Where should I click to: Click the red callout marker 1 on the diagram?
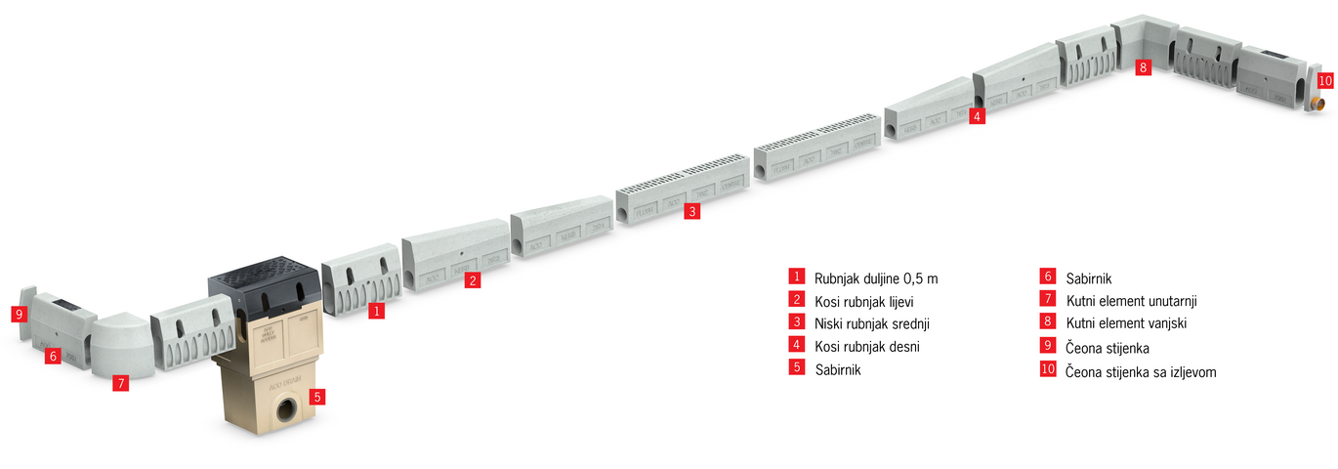click(x=376, y=311)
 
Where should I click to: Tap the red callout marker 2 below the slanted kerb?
click(x=473, y=280)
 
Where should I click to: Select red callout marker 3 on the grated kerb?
click(x=692, y=211)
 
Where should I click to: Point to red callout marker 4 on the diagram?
click(x=977, y=116)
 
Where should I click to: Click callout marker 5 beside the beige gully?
click(x=317, y=396)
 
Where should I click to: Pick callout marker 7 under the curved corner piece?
click(x=121, y=383)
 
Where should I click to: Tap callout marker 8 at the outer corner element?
click(x=1144, y=66)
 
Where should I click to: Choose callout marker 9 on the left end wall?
click(x=20, y=314)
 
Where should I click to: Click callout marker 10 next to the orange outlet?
click(x=1325, y=81)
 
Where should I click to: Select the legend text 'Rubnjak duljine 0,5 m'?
click(x=876, y=278)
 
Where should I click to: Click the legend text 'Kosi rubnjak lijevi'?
click(x=864, y=302)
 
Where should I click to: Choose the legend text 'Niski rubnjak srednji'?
click(x=872, y=323)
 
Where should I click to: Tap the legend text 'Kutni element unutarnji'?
click(x=1132, y=301)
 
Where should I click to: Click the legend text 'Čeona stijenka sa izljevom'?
click(x=1141, y=372)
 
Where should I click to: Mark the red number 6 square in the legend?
click(x=1048, y=276)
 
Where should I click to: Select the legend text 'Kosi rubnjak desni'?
click(x=867, y=347)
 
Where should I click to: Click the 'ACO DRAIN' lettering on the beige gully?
click(x=285, y=383)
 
